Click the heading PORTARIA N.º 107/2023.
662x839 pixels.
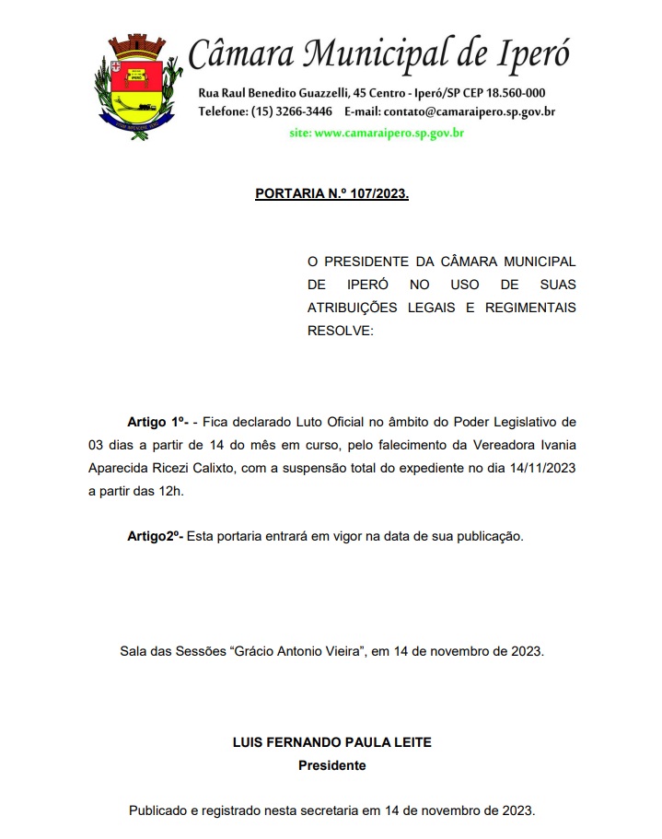(x=331, y=195)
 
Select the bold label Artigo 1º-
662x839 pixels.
(x=157, y=422)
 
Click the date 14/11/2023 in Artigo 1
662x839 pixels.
(x=541, y=468)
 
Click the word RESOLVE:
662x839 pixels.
(x=341, y=330)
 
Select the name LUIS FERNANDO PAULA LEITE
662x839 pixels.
(x=331, y=742)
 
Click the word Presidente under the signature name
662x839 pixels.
(x=331, y=765)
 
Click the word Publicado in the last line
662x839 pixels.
(x=160, y=811)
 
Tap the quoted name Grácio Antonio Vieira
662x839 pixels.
(x=299, y=651)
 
